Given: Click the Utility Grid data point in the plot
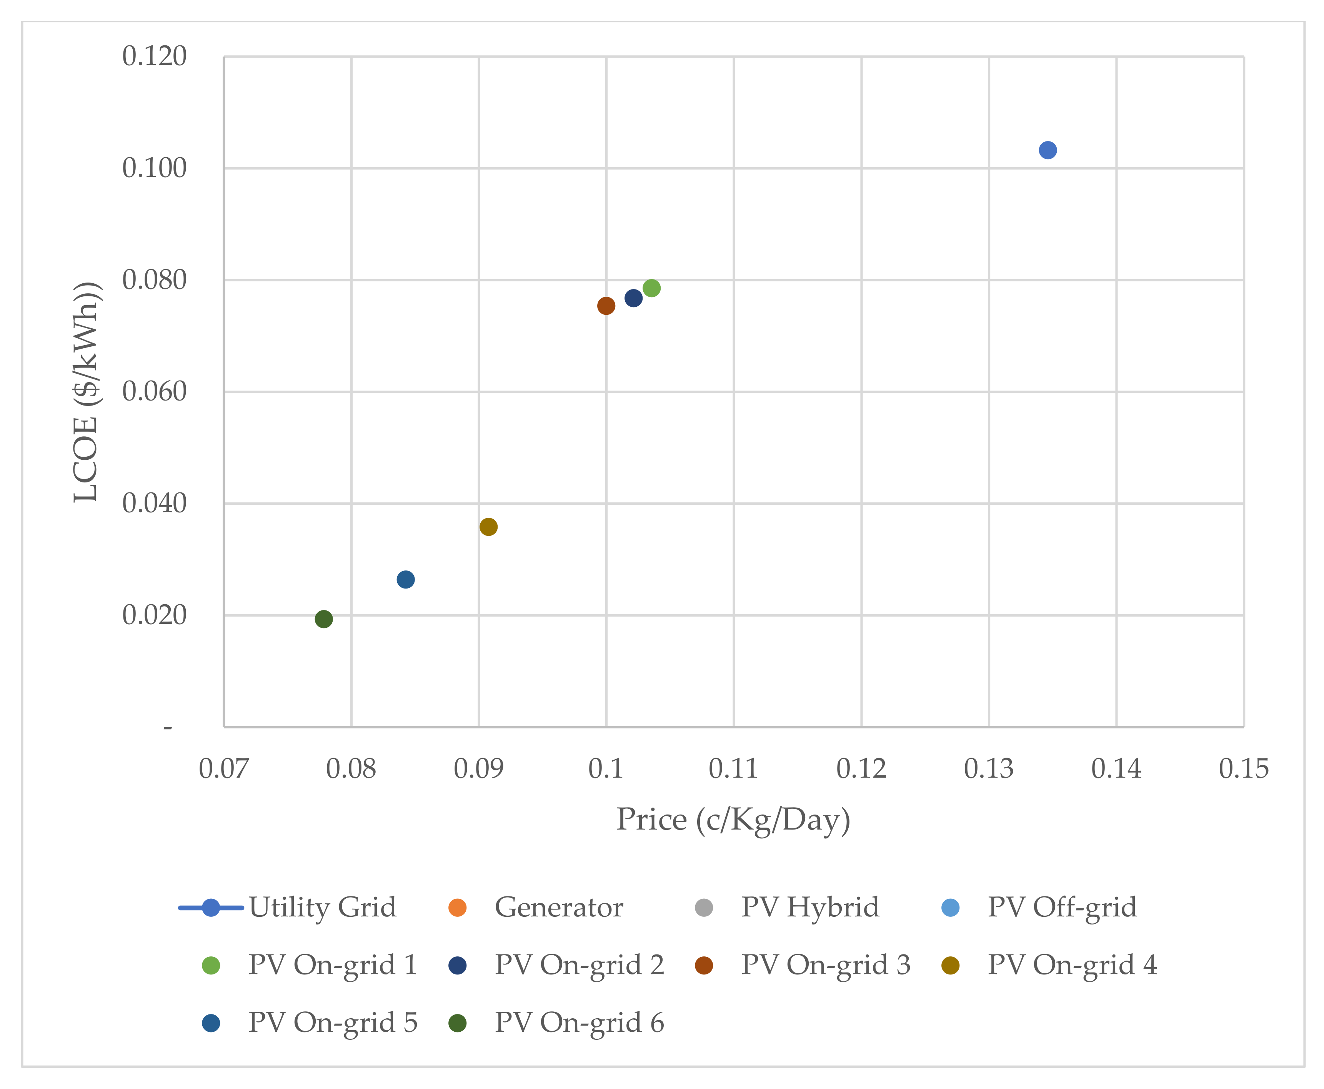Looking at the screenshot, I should [x=1047, y=150].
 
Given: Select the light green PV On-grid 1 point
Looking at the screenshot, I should [x=651, y=288].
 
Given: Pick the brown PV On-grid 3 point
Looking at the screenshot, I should [x=606, y=306].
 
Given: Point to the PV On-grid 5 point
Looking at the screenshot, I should [x=405, y=579].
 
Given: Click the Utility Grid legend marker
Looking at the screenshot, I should [x=211, y=908].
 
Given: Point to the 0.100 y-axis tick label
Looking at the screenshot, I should [x=154, y=168].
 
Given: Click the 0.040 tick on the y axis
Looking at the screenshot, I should [x=154, y=503].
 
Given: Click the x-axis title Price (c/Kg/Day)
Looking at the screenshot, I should [x=733, y=820].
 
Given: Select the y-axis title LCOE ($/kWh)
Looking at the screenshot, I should [x=86, y=392].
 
